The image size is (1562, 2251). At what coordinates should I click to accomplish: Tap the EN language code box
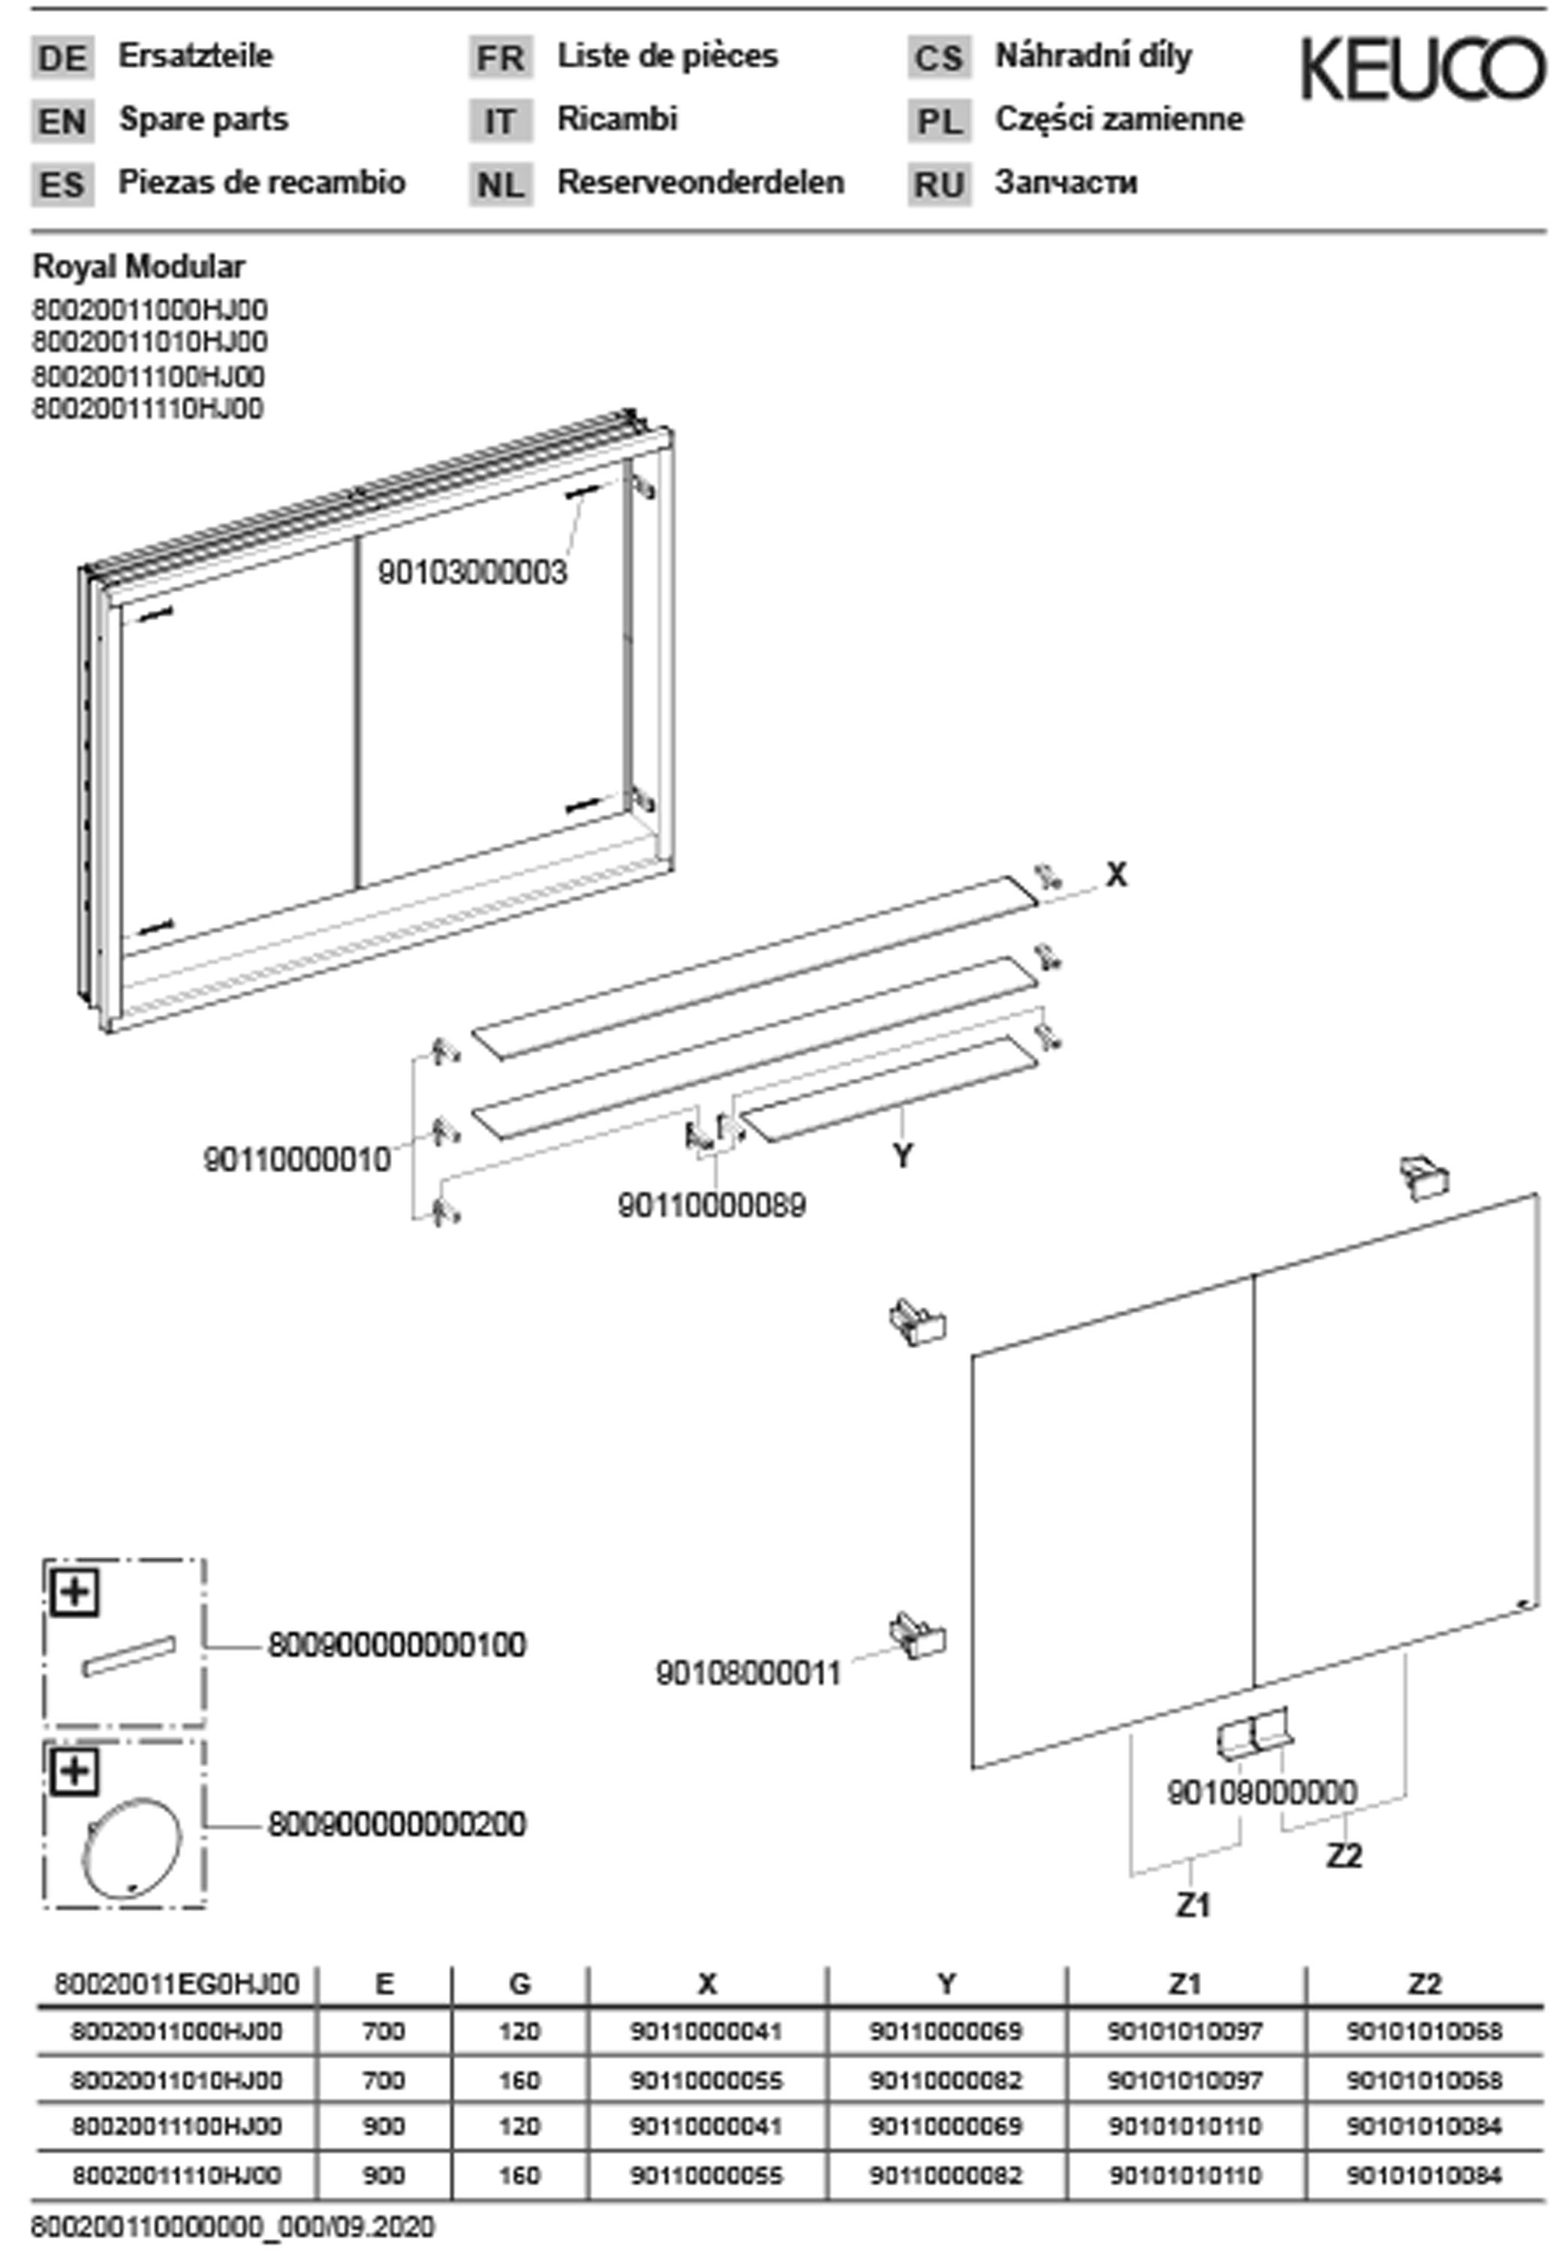click(62, 122)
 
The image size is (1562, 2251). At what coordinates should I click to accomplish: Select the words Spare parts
click(203, 119)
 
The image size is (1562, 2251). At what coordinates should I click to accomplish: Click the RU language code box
click(938, 184)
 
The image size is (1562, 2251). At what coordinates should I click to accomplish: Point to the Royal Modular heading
click(139, 266)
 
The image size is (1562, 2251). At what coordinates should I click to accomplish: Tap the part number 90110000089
click(712, 1205)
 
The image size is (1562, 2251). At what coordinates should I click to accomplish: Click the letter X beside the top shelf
click(1115, 875)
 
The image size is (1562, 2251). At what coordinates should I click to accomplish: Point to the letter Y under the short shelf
click(902, 1156)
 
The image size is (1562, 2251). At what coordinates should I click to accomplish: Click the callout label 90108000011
click(748, 1674)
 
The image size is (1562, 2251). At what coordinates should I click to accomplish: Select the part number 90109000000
click(1262, 1793)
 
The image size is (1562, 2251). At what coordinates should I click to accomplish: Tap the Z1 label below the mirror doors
click(1193, 1904)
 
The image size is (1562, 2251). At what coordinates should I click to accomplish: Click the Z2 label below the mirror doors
click(1344, 1856)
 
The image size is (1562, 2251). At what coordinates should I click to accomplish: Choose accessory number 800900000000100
click(397, 1645)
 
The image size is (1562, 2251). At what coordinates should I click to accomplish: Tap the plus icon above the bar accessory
click(74, 1593)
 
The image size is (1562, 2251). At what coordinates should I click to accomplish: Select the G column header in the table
click(519, 1983)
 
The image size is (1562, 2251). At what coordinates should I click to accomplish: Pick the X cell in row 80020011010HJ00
click(706, 2079)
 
